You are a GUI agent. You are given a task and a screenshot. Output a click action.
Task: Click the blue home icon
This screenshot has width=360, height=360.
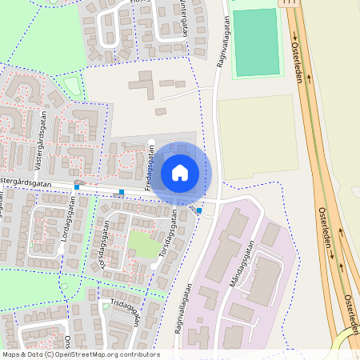(x=180, y=173)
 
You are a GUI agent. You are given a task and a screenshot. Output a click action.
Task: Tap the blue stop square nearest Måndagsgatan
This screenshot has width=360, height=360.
(x=199, y=210)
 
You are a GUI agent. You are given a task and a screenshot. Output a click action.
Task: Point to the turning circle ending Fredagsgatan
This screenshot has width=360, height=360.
(x=151, y=143)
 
